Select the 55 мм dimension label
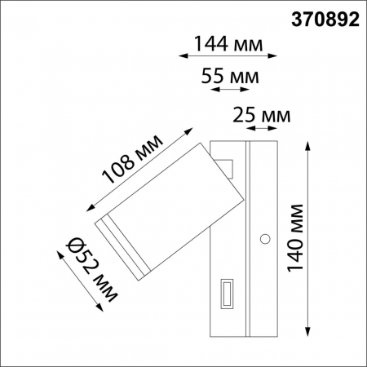pos(231,77)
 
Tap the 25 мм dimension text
pos(261,116)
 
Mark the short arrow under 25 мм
pos(261,129)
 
